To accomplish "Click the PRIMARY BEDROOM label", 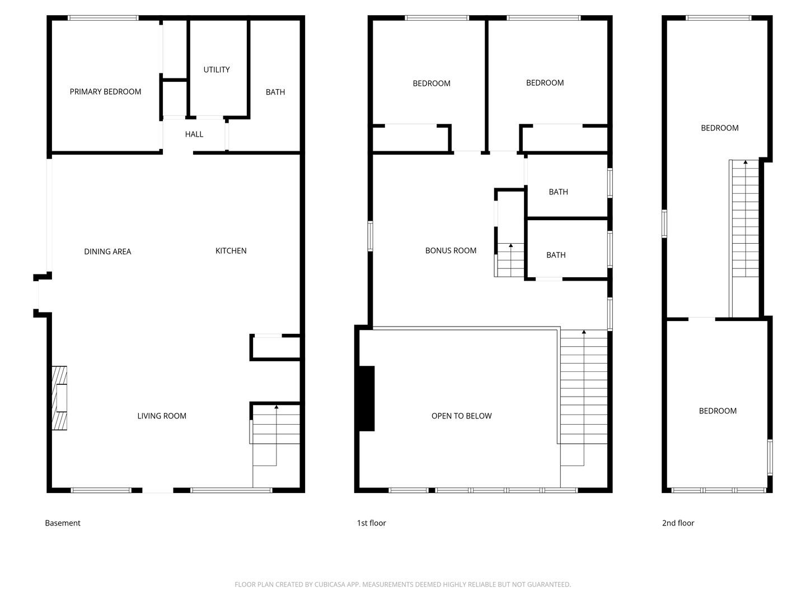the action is [105, 92].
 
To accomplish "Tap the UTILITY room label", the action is [217, 70].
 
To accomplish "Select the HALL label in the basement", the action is [194, 134].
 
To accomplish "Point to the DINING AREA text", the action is [107, 252].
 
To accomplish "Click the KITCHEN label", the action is [231, 251].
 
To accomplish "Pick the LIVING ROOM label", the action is [162, 416].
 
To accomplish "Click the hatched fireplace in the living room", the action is [59, 398].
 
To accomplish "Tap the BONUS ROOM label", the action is [451, 250].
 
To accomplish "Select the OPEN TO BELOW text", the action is [462, 416].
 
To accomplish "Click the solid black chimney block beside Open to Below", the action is [367, 398].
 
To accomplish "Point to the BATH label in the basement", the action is [275, 92].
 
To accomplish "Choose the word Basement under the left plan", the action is [63, 523].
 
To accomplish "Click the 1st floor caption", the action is [372, 523].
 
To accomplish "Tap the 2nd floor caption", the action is [678, 523].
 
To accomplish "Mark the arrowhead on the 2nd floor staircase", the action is [746, 162].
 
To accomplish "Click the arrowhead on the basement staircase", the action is [277, 407].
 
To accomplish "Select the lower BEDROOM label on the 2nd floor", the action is [718, 411].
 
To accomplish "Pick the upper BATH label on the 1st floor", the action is [559, 192].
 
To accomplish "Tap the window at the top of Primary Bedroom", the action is [103, 17].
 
